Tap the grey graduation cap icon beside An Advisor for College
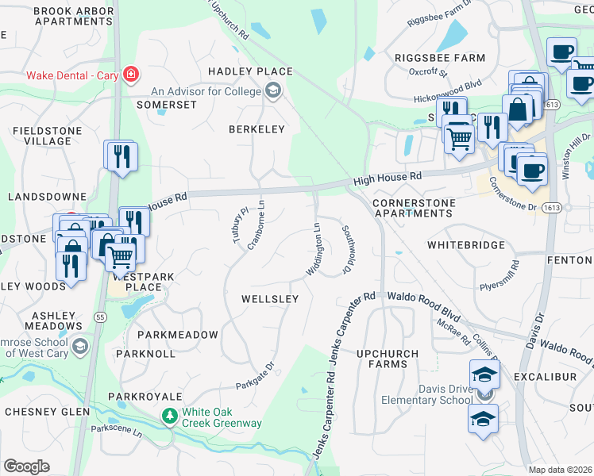click(x=274, y=91)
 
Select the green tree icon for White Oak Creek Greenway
click(x=169, y=416)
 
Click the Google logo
click(x=26, y=466)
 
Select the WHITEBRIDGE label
click(x=465, y=245)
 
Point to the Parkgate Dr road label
click(x=255, y=377)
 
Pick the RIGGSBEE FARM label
click(x=439, y=58)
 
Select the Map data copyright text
click(x=561, y=470)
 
